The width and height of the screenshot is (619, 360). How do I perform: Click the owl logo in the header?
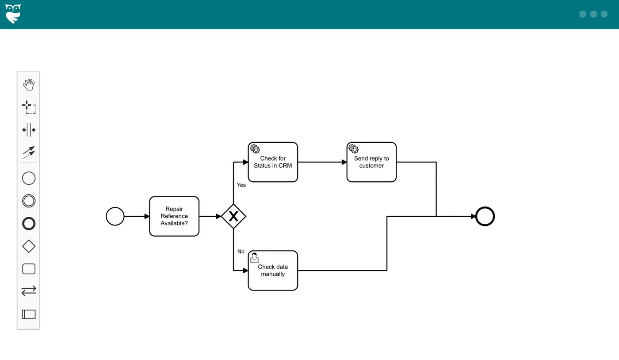pos(13,14)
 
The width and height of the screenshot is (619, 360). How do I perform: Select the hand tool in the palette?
pos(29,84)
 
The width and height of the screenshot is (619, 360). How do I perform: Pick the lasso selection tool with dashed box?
pos(29,107)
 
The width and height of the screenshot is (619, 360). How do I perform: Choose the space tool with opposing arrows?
pos(29,130)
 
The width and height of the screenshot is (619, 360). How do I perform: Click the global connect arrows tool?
pos(29,153)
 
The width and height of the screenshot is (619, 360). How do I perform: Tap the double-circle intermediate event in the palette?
pos(29,201)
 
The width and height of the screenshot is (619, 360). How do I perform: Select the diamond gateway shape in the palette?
pos(29,246)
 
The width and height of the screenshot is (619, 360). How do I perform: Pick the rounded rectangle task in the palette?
pos(29,269)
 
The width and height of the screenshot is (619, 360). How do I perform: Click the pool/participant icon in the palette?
pos(29,314)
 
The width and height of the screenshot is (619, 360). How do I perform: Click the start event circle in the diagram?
pos(115,217)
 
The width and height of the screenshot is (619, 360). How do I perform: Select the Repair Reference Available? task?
pos(174,216)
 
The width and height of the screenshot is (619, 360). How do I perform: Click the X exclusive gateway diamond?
pos(233,216)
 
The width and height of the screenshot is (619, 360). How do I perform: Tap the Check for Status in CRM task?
pos(273,162)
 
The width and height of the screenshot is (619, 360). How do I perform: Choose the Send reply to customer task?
pos(371,162)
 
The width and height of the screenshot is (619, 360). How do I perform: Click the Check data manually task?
pos(273,271)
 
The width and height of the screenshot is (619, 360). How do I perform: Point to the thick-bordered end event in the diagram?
pos(485,217)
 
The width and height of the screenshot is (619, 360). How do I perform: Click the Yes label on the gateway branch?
pos(241,185)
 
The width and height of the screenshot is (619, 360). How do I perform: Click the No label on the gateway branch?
pos(241,252)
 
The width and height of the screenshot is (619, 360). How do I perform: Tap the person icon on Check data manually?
pos(255,257)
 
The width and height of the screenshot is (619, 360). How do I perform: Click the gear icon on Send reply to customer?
pos(353,149)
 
